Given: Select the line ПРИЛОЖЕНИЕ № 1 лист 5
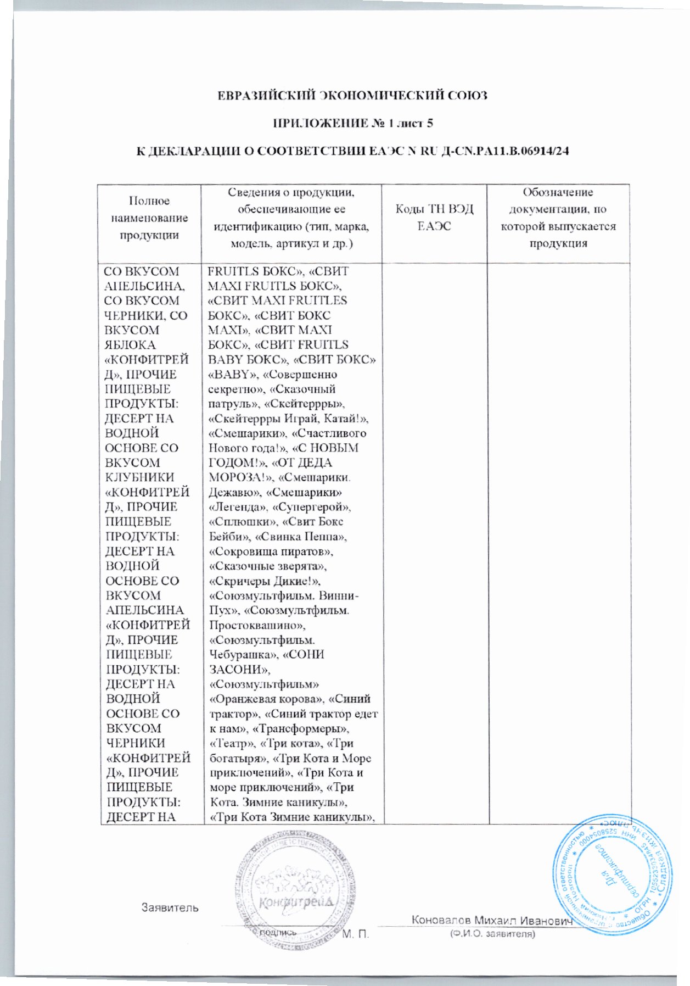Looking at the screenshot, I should [354, 123].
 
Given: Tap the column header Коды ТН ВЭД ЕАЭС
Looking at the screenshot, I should [434, 218].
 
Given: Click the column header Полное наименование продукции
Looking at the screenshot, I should [149, 218].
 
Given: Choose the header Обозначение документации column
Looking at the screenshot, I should [558, 218].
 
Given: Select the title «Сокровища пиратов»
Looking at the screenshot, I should [271, 552].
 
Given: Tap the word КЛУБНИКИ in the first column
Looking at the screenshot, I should [139, 477].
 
